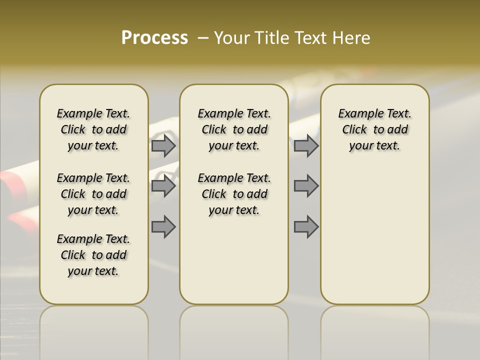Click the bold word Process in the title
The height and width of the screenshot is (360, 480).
(x=154, y=38)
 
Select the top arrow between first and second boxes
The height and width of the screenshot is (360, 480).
(x=163, y=145)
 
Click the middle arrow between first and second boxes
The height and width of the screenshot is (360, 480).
(x=163, y=186)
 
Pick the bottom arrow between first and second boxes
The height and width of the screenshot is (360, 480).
(x=163, y=226)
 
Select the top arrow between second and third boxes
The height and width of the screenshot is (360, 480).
(x=306, y=145)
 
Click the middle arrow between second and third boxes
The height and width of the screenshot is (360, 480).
(x=306, y=186)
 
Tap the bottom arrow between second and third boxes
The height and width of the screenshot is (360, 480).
(x=306, y=226)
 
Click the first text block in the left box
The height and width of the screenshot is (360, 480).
(x=93, y=129)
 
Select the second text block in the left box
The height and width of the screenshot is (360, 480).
(x=93, y=194)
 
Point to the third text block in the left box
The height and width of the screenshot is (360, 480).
(x=93, y=255)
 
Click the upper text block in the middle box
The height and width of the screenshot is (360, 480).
(x=234, y=129)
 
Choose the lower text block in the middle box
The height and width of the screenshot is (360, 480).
(x=234, y=194)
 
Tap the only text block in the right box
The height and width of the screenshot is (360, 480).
(x=374, y=129)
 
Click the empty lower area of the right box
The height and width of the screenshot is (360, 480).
(x=374, y=235)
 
